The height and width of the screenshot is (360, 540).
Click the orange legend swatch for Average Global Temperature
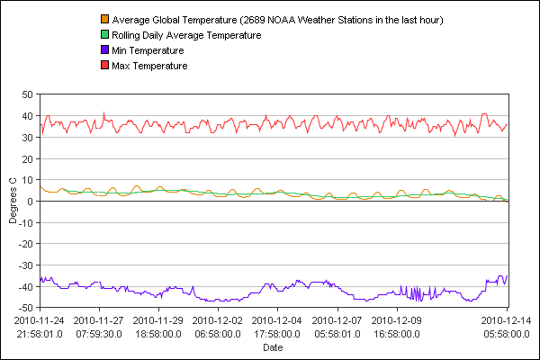click(104, 20)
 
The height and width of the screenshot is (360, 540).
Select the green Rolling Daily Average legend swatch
click(104, 35)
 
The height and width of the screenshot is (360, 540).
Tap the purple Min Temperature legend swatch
click(104, 50)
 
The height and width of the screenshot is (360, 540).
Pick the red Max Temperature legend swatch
click(104, 66)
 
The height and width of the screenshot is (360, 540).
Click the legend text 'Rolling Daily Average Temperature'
click(186, 35)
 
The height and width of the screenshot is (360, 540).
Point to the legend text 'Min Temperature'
click(148, 50)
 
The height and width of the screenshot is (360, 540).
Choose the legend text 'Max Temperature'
click(149, 66)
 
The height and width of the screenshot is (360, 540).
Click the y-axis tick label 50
click(27, 94)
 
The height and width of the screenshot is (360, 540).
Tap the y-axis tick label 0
click(31, 202)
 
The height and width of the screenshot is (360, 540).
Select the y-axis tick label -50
click(25, 309)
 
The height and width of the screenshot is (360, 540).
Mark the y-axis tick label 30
click(27, 137)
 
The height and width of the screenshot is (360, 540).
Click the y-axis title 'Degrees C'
click(13, 202)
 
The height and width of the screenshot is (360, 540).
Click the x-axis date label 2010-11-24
click(40, 319)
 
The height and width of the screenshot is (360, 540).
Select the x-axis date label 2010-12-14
click(505, 319)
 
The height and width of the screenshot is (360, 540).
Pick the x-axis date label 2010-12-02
click(218, 319)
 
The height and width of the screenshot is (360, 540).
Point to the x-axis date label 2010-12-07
click(337, 319)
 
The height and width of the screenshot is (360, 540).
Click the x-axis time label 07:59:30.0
click(98, 333)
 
